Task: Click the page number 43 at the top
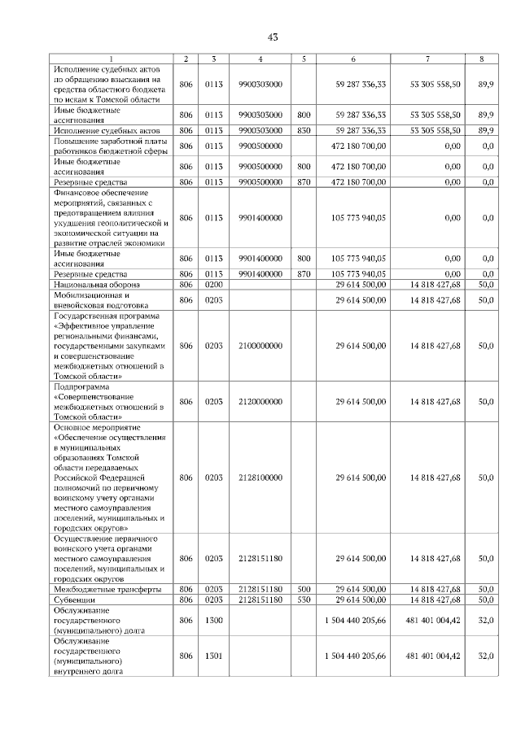pyautogui.click(x=273, y=37)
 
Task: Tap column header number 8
pyautogui.click(x=486, y=59)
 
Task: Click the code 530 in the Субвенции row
pyautogui.click(x=304, y=599)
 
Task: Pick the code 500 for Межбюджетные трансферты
pyautogui.click(x=304, y=588)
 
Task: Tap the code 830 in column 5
pyautogui.click(x=304, y=129)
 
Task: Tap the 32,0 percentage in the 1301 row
pyautogui.click(x=486, y=656)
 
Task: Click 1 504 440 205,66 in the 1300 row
pyautogui.click(x=355, y=621)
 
